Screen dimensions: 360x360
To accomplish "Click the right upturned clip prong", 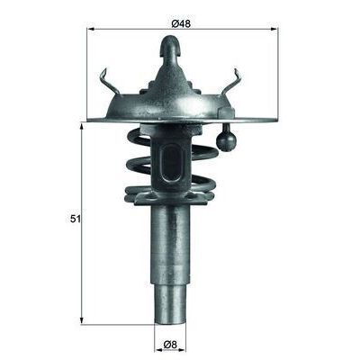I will [x=238, y=81].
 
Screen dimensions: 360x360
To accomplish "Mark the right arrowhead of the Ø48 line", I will [x=277, y=30].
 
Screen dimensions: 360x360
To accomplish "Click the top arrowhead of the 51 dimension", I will [x=84, y=126].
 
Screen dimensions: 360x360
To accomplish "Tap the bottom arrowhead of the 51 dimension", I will [x=84, y=320].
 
